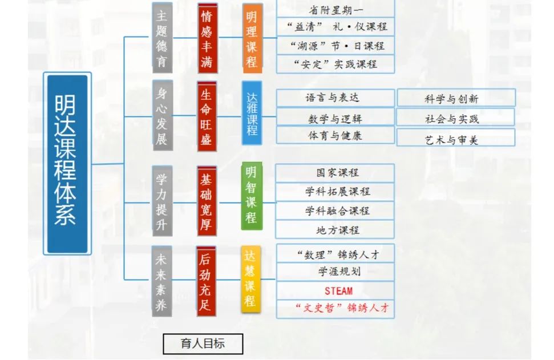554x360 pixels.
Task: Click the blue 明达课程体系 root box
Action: [67, 163]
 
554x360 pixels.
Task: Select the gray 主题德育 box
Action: [162, 38]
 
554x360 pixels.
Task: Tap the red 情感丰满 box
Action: [207, 38]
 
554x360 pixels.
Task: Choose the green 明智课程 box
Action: [251, 195]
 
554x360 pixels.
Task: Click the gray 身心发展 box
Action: [162, 116]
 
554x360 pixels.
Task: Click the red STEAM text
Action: [335, 290]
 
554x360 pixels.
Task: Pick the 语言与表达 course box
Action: [335, 98]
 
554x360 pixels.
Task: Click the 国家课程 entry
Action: [335, 173]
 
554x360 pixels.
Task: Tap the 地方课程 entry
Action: [335, 230]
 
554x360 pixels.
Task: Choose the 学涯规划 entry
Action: [335, 272]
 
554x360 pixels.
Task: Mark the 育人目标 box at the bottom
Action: [203, 343]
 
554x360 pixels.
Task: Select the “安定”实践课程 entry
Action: [335, 64]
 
